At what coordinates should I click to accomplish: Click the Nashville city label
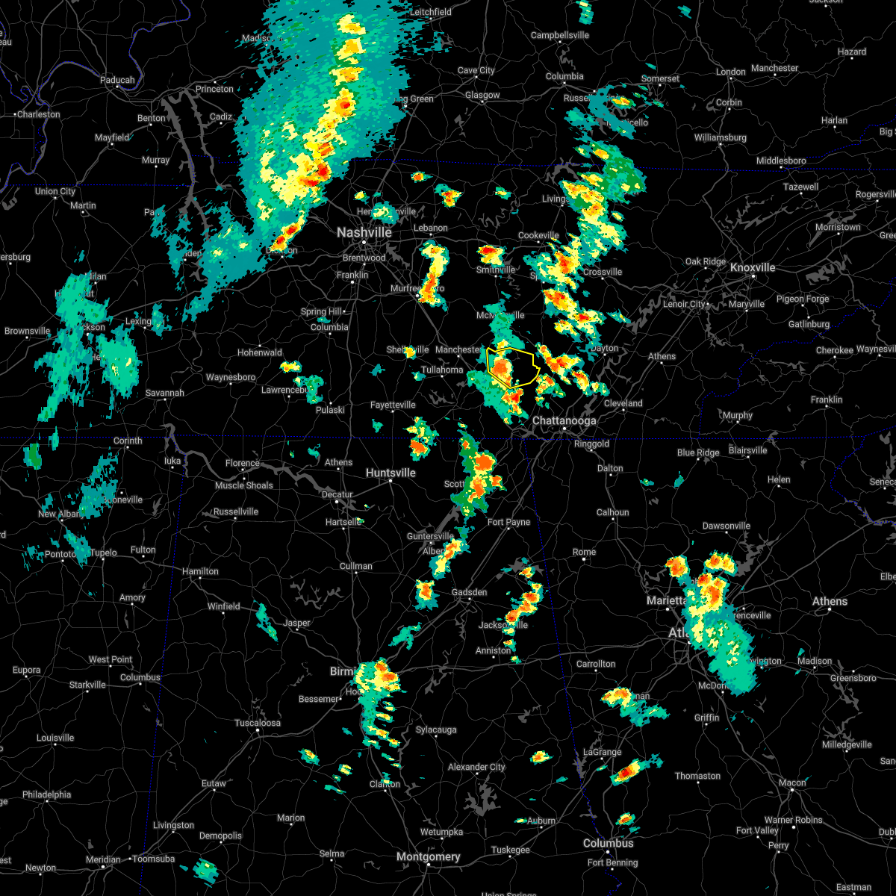coord(364,233)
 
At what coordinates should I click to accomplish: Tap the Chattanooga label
coord(564,421)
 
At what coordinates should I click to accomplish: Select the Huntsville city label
coord(391,473)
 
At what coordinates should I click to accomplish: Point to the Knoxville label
coord(753,267)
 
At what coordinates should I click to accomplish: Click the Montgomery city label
coord(428,856)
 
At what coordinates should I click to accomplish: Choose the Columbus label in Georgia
coord(609,843)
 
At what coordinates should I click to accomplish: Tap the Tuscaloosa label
coord(258,723)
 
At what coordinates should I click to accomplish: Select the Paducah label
coord(117,80)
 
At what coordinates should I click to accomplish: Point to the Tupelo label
coord(104,553)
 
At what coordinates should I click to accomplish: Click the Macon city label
coord(792,783)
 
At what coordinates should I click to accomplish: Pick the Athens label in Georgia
coord(830,601)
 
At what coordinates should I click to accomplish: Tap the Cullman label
coord(356,566)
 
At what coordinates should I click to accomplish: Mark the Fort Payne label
coord(508,523)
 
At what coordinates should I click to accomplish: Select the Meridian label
coord(103,859)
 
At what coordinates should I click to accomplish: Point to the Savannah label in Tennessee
coord(164,393)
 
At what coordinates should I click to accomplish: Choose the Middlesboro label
coord(781,161)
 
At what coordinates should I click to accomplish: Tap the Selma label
coord(332,853)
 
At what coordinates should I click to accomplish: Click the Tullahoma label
coord(442,370)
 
